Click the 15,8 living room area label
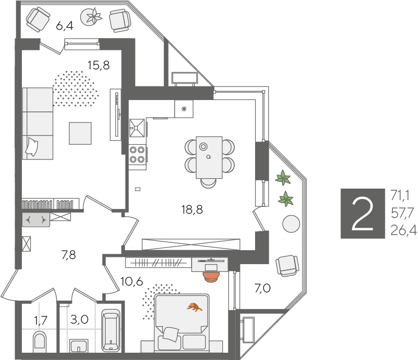pyautogui.click(x=98, y=65)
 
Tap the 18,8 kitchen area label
pyautogui.click(x=192, y=209)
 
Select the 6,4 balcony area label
pyautogui.click(x=65, y=26)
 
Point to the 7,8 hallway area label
pyautogui.click(x=69, y=255)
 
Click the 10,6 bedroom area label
pyautogui.click(x=132, y=281)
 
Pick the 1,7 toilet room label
pyautogui.click(x=41, y=320)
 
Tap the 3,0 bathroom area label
pyautogui.click(x=79, y=319)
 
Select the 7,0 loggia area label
pyautogui.click(x=262, y=288)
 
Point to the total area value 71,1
pyautogui.click(x=400, y=195)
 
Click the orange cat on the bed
pyautogui.click(x=195, y=307)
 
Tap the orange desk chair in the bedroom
pyautogui.click(x=211, y=277)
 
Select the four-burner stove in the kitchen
pyautogui.click(x=137, y=154)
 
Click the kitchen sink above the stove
pyautogui.click(x=137, y=128)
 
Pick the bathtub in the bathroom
pyautogui.click(x=111, y=330)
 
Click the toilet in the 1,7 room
pyautogui.click(x=40, y=341)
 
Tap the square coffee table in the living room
pyautogui.click(x=80, y=133)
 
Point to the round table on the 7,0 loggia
pyautogui.click(x=291, y=224)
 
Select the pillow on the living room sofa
pyautogui.click(x=32, y=147)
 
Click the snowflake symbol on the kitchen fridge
pyautogui.click(x=184, y=109)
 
